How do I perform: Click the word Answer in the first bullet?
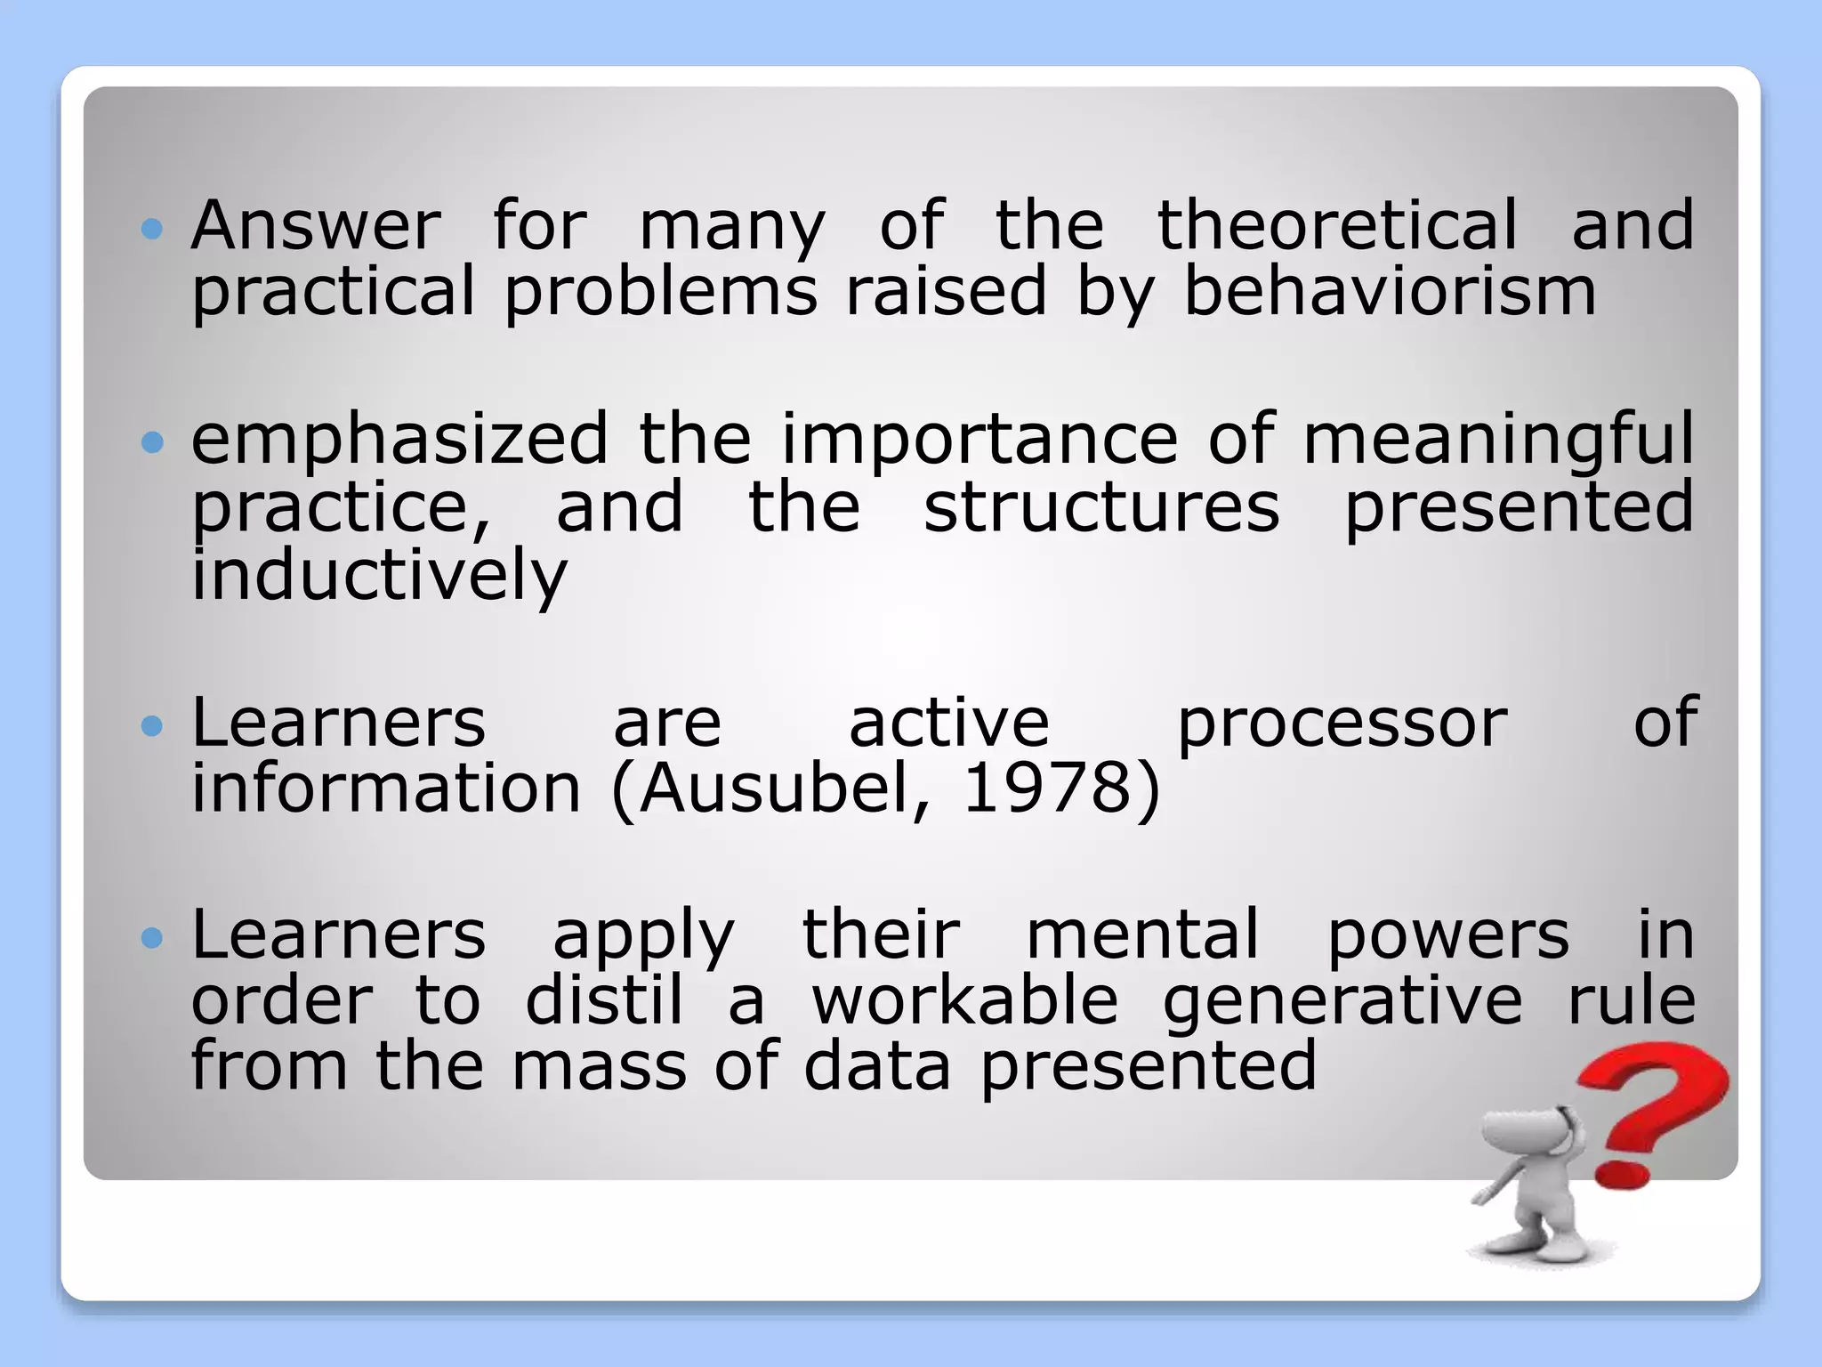coord(316,226)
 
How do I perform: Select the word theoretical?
coord(1336,226)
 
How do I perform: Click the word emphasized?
coord(399,441)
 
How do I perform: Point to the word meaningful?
coord(1498,441)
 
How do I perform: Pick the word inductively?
coord(379,576)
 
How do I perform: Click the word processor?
coord(1342,724)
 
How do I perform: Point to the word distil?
coord(604,1000)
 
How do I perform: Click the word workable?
coord(965,1000)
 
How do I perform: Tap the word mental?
coord(1143,935)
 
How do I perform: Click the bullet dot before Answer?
coord(153,230)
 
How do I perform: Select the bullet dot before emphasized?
coord(153,442)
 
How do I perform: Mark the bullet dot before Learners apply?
coord(153,938)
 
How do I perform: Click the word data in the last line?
coord(876,1066)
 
